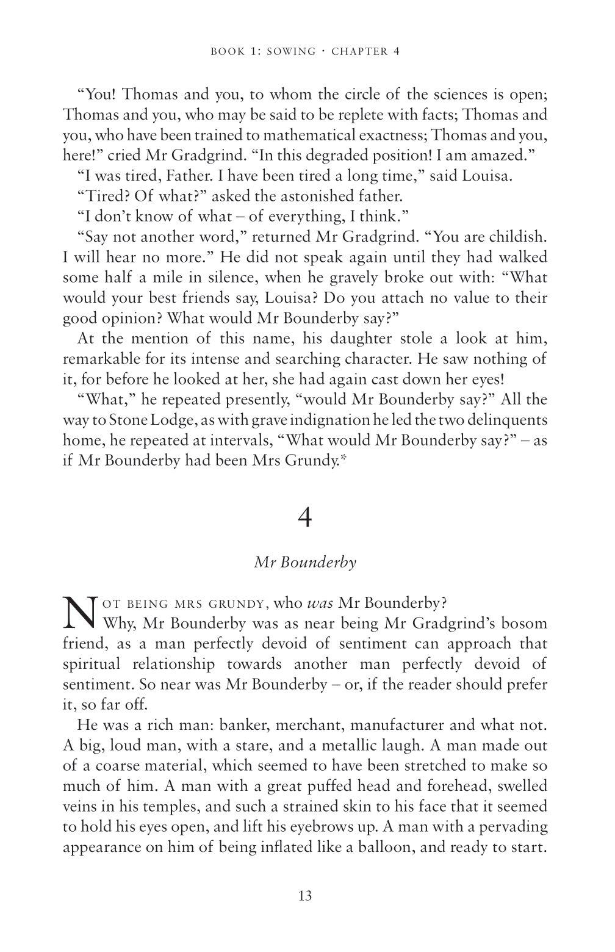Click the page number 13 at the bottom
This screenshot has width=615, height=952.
[x=306, y=896]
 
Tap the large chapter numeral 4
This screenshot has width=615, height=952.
[x=306, y=518]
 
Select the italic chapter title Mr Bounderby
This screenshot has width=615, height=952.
[x=305, y=562]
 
